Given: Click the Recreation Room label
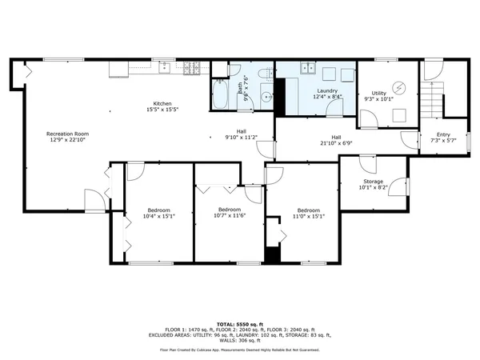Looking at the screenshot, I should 67,133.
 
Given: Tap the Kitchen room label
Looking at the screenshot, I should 162,103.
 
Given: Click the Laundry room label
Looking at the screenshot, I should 326,90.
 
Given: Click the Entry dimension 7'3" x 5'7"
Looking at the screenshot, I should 442,140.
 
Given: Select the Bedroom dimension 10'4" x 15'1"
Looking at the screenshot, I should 158,215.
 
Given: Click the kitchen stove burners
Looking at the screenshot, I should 192,67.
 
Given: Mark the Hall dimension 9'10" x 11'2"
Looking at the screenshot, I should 241,137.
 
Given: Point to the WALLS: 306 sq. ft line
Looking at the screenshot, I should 240,340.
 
